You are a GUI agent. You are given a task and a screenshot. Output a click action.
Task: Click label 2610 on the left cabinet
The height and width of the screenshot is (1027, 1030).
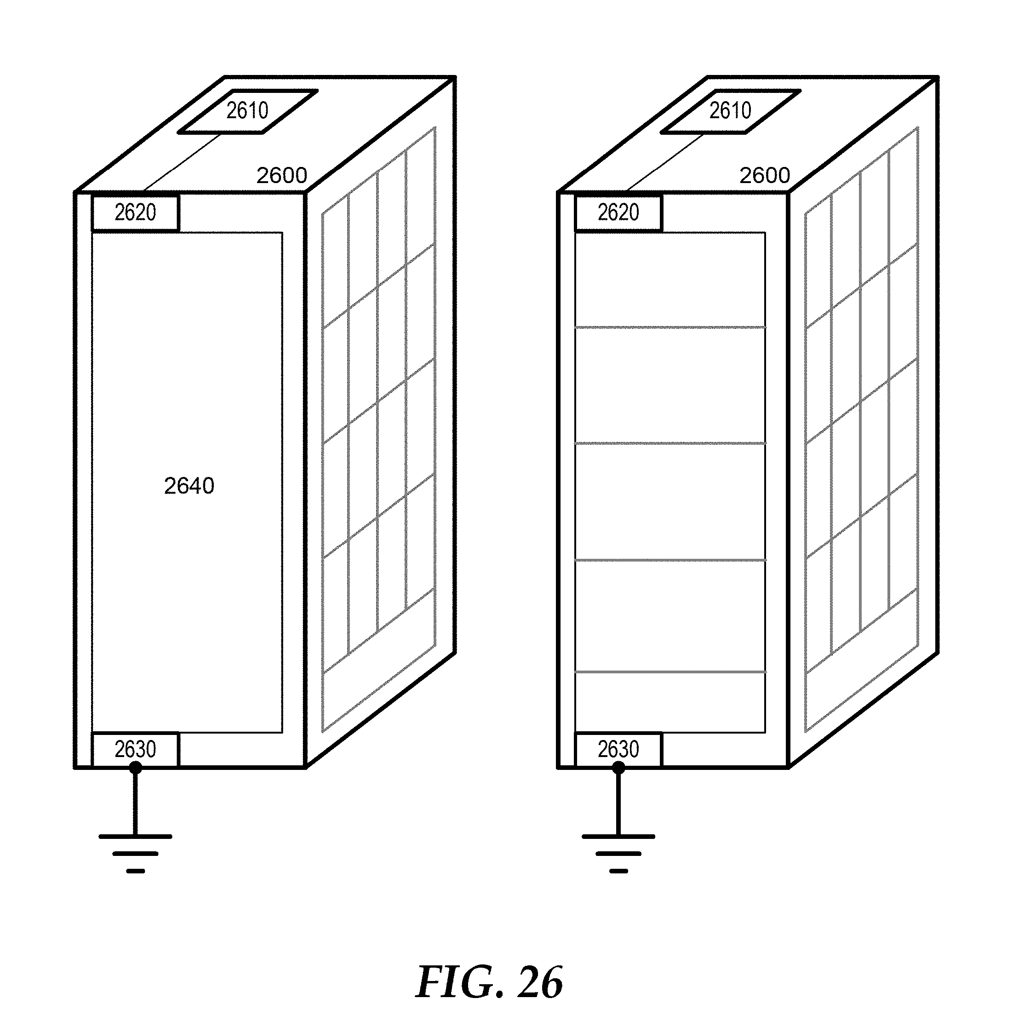pyautogui.click(x=247, y=111)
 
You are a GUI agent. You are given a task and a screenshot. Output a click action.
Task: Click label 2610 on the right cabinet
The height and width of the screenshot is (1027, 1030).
pyautogui.click(x=730, y=111)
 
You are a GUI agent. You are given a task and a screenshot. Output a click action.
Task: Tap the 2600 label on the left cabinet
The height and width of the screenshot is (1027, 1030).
pyautogui.click(x=281, y=175)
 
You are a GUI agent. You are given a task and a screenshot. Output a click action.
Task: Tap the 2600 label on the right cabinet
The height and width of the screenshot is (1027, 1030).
pyautogui.click(x=765, y=175)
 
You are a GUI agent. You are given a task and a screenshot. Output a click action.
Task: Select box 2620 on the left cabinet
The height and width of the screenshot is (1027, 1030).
pyautogui.click(x=135, y=213)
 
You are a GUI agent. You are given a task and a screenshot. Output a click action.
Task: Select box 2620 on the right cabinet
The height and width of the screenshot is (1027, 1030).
pyautogui.click(x=618, y=213)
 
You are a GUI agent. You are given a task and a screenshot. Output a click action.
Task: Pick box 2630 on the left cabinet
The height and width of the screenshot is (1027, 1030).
pyautogui.click(x=135, y=750)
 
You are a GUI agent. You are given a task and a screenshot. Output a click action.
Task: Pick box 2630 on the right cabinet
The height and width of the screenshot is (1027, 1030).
pyautogui.click(x=618, y=750)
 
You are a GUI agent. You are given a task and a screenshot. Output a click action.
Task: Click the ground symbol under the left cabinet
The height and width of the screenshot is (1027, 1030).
pyautogui.click(x=135, y=853)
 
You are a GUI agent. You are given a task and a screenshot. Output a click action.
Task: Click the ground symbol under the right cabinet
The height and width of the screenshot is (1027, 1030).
pyautogui.click(x=618, y=853)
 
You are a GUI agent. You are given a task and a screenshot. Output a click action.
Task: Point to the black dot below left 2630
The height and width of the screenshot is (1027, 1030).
pyautogui.click(x=135, y=768)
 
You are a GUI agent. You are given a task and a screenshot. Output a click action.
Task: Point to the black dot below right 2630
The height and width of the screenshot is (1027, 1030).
pyautogui.click(x=618, y=768)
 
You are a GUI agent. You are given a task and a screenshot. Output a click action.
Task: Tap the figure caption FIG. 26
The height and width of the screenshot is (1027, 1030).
pyautogui.click(x=489, y=982)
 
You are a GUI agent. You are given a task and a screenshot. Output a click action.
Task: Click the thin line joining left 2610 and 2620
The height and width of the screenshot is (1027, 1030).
pyautogui.click(x=181, y=163)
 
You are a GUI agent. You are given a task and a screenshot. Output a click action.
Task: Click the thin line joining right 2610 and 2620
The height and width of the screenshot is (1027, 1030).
pyautogui.click(x=664, y=163)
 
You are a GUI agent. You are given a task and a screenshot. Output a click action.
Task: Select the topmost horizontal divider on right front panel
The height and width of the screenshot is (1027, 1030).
pyautogui.click(x=670, y=327)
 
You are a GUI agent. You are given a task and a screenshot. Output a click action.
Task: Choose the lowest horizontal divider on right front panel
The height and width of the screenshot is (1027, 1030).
pyautogui.click(x=670, y=672)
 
